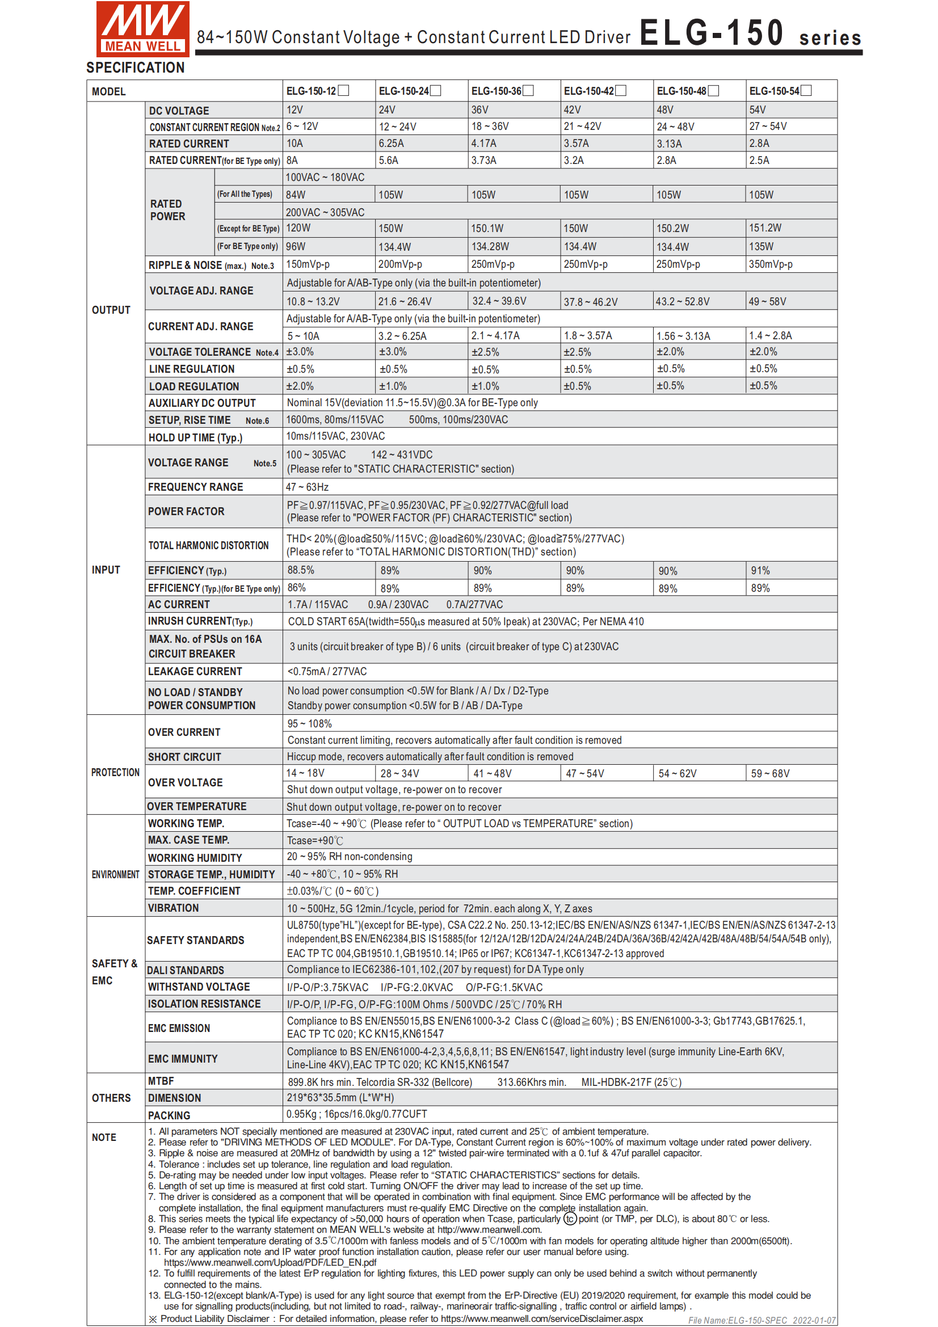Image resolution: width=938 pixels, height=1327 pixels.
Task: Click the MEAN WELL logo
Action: tap(143, 29)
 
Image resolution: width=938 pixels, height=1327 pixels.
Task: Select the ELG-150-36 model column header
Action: tap(497, 91)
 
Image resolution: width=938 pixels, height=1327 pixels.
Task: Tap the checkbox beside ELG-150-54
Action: tap(806, 91)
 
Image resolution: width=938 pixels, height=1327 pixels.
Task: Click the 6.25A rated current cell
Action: tap(392, 144)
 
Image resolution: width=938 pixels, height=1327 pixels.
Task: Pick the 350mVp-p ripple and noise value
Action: tap(771, 265)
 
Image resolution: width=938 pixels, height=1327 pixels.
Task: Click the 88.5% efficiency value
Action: tap(301, 570)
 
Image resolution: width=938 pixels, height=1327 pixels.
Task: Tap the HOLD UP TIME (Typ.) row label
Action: tap(195, 437)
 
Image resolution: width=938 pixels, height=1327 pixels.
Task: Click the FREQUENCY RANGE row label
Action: tap(195, 487)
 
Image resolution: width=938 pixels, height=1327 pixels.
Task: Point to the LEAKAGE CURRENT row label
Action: tap(195, 672)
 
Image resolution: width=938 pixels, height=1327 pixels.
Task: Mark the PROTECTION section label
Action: tap(115, 773)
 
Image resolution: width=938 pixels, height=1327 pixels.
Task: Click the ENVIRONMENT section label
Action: tap(115, 874)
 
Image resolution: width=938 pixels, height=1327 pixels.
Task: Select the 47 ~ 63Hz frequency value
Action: tap(307, 487)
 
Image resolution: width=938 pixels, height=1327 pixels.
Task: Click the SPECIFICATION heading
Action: tap(135, 68)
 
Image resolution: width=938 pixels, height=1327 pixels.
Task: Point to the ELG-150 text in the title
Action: tap(711, 32)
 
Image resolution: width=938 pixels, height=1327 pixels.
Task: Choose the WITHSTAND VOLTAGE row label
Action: tap(199, 987)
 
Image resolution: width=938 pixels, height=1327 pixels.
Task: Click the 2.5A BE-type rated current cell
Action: tap(759, 161)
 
